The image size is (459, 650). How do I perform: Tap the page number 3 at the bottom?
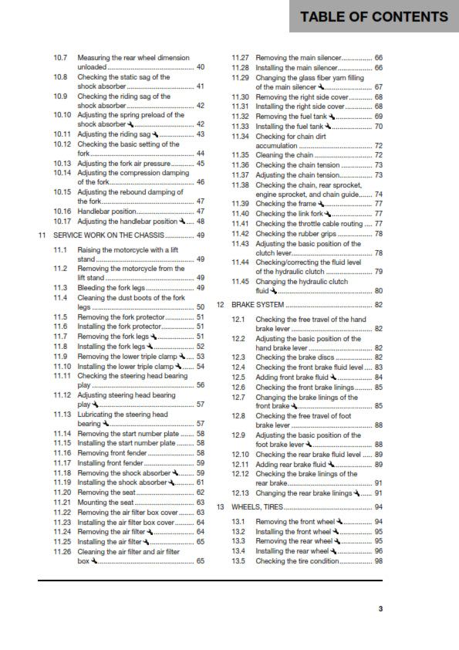pos(380,609)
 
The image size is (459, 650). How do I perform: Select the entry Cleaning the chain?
pos(284,155)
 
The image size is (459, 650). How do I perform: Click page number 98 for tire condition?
pos(378,560)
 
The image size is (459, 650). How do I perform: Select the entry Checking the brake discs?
pos(295,357)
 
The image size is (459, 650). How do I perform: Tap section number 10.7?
pos(60,58)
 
